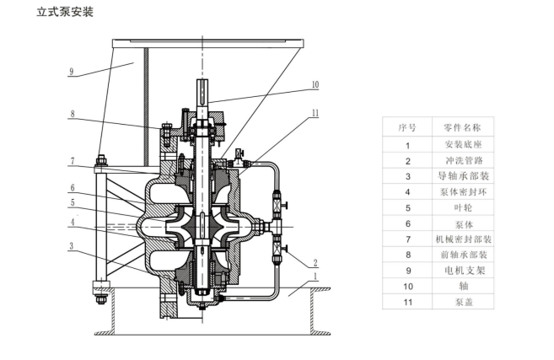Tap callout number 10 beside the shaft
click(315, 84)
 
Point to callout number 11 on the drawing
click(315, 111)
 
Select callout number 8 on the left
click(73, 115)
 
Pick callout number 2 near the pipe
click(315, 262)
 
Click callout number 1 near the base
click(315, 276)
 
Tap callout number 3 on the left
click(73, 246)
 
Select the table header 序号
click(407, 127)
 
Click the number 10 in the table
click(407, 286)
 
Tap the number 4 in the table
click(407, 192)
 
